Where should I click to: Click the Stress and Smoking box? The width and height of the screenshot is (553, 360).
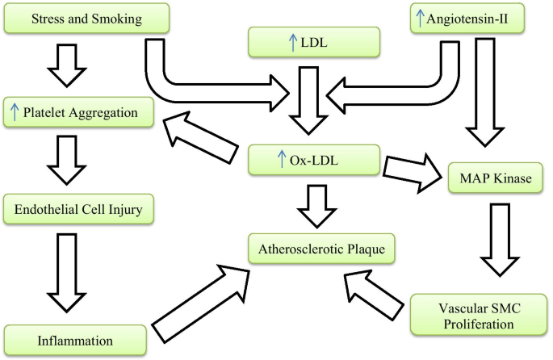(x=86, y=19)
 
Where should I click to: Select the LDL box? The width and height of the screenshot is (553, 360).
(x=314, y=42)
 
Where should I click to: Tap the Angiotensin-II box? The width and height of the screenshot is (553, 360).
(x=467, y=19)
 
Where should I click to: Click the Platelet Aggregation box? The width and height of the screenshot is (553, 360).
(x=78, y=112)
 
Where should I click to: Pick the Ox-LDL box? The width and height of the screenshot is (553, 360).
(x=314, y=160)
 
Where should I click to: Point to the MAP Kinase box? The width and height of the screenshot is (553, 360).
(x=495, y=178)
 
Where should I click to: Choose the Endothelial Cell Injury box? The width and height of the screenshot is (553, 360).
(x=78, y=209)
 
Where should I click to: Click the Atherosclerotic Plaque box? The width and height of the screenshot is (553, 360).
(x=321, y=249)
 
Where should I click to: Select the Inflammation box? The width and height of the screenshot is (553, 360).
(x=75, y=341)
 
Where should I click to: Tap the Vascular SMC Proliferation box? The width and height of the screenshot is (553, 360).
(x=479, y=315)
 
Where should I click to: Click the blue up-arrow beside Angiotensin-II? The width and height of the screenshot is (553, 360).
(x=420, y=18)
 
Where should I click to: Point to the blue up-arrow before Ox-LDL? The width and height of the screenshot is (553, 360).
(x=282, y=159)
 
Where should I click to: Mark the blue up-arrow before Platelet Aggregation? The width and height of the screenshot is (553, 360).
(x=15, y=111)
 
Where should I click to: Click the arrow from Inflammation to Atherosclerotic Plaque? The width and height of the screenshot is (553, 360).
(x=201, y=303)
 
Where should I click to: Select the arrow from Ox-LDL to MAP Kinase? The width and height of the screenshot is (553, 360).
(x=413, y=173)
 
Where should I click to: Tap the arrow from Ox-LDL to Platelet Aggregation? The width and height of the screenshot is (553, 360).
(x=200, y=137)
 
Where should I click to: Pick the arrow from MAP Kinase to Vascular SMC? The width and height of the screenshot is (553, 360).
(x=500, y=240)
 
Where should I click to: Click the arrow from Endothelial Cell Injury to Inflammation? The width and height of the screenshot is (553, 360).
(x=67, y=273)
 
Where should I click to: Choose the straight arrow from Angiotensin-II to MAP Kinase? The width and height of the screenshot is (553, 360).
(x=485, y=92)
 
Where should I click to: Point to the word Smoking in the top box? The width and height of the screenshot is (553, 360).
(x=117, y=19)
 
